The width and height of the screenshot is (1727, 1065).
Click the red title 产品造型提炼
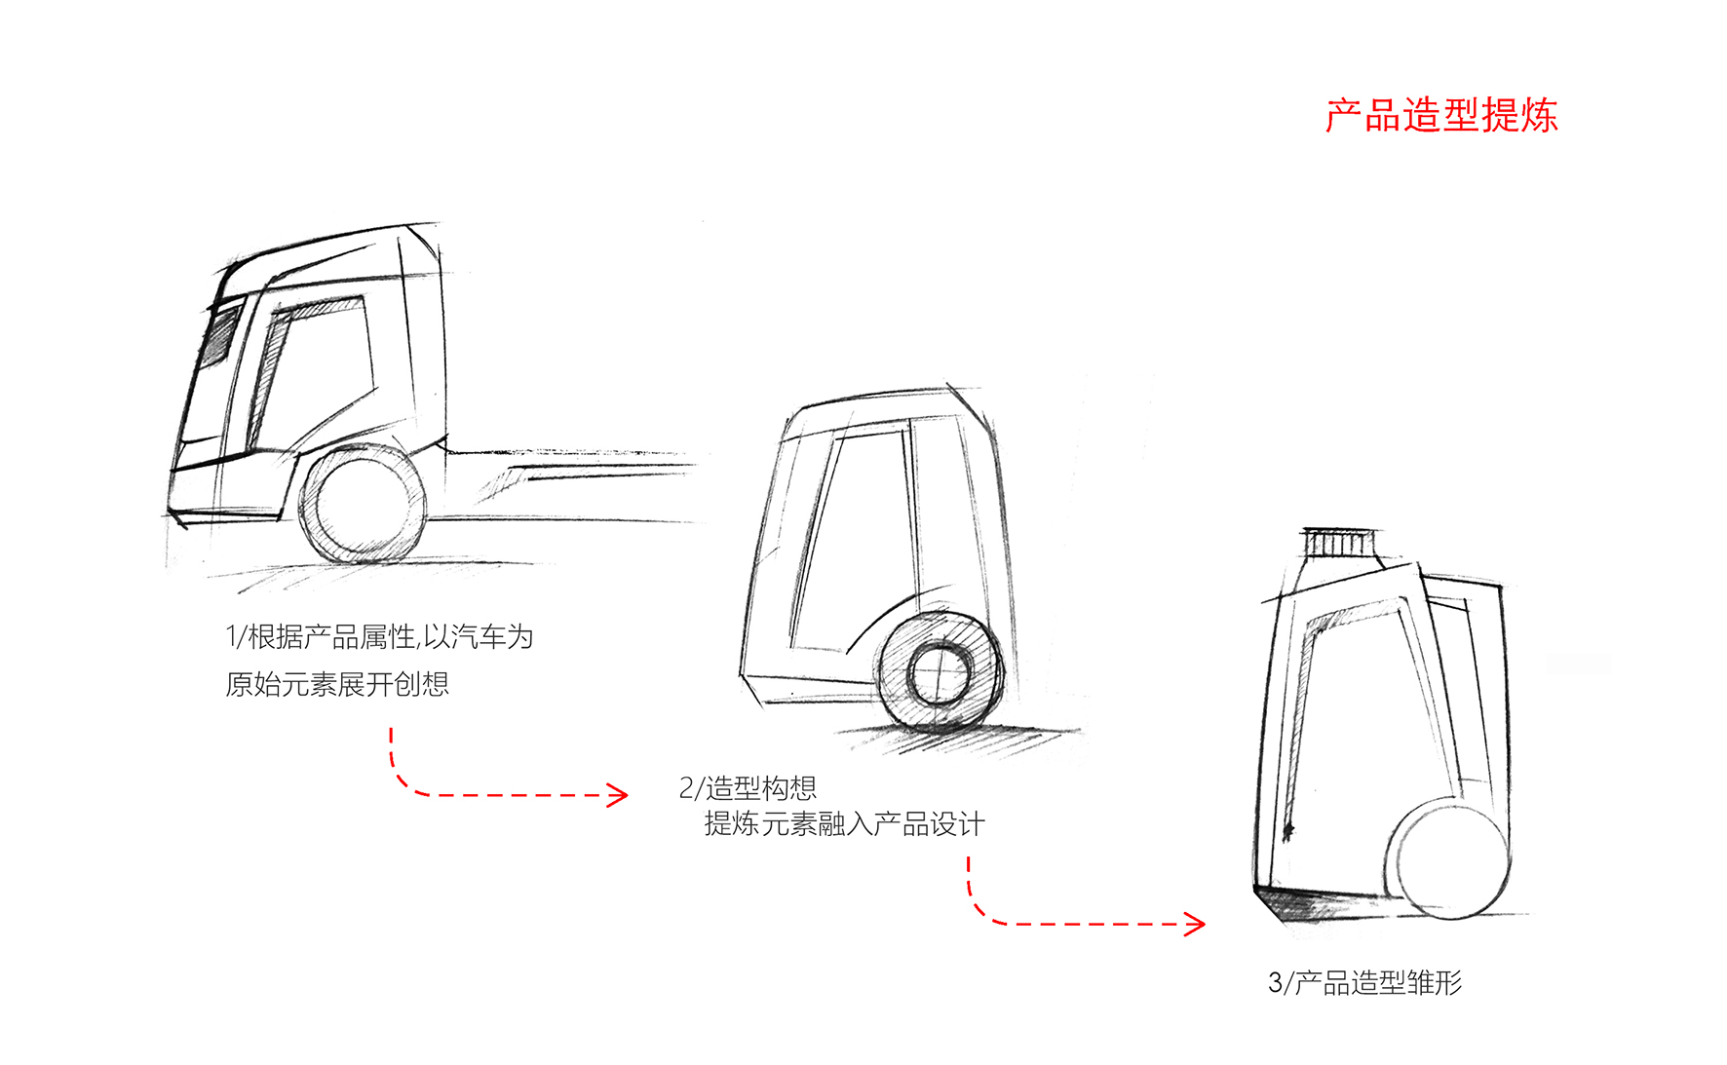1440,116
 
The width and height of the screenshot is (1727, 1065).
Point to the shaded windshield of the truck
221,335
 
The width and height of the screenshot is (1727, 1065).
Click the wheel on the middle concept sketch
940,673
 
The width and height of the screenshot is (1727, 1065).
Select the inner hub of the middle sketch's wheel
940,674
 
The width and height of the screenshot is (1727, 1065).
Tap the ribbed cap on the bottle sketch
1341,543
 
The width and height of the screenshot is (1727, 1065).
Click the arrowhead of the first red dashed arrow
618,795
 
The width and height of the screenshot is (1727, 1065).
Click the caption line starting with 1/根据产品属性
379,637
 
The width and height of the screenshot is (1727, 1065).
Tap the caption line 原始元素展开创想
337,684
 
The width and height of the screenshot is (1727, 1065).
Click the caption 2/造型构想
748,787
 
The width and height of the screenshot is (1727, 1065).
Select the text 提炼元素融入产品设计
844,824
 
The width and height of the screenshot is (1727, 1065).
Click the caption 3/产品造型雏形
1364,982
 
